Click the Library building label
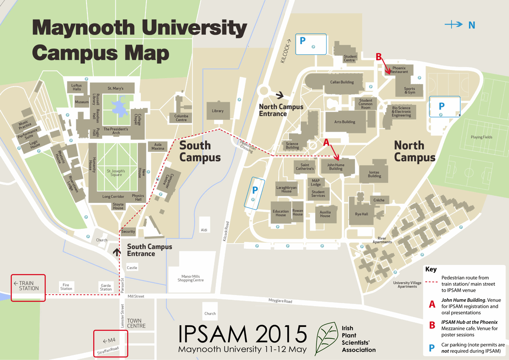pos(218,111)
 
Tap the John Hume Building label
pos(336,166)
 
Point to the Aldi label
pos(204,230)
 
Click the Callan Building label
pos(342,82)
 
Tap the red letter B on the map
pos(379,56)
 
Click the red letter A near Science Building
pos(326,143)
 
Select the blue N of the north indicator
pos(472,25)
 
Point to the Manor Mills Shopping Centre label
pos(191,278)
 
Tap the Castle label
pos(132,268)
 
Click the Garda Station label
pos(106,287)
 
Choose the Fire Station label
pos(66,287)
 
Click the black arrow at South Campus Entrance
pos(117,252)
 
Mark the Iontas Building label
pos(375,174)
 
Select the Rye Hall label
pos(361,214)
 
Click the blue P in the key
pos(432,348)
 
